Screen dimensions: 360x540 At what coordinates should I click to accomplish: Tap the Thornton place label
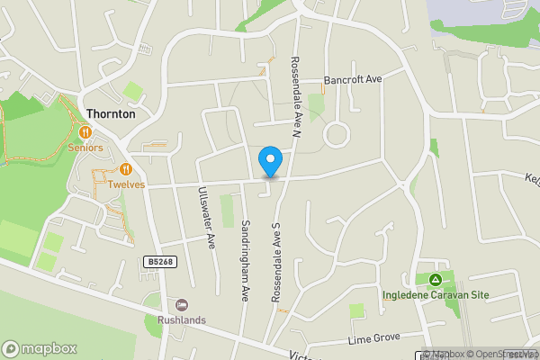112,114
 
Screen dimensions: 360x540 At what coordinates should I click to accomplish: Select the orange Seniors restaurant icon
86,132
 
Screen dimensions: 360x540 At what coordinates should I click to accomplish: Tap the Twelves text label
126,184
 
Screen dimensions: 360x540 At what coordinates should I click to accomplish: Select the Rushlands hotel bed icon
181,305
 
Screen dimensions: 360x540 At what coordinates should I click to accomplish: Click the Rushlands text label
181,319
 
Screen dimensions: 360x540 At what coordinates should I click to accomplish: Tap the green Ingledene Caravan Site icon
435,279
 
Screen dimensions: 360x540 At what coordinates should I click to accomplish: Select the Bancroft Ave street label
354,79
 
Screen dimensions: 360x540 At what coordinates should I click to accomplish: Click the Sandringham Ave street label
244,262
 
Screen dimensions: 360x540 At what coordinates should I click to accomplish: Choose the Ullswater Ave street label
206,216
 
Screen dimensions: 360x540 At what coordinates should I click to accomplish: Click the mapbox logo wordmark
40,348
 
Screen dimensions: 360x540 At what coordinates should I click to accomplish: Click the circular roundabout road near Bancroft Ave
337,136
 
